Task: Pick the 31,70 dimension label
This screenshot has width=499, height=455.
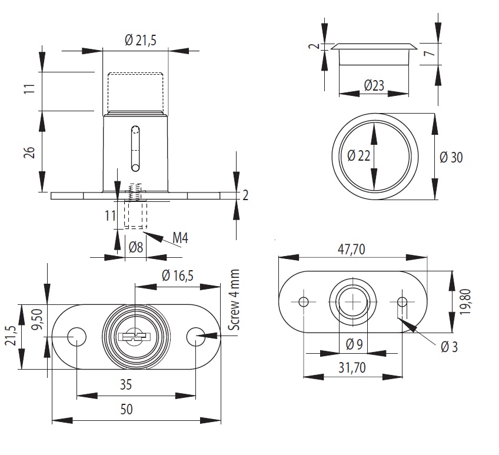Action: [x=352, y=368]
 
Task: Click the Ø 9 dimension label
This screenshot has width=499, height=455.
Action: [x=352, y=344]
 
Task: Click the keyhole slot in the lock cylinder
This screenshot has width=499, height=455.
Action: [x=135, y=337]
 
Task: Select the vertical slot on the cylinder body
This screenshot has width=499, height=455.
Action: [x=135, y=147]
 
